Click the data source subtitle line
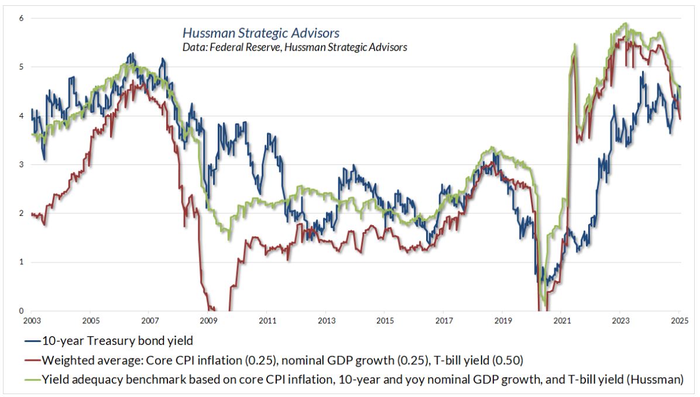(294, 47)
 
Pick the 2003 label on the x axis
(32, 320)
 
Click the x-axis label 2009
(208, 320)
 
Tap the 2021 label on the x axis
(562, 320)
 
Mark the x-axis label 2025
(679, 320)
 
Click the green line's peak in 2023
(626, 23)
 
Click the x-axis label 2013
(326, 320)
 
